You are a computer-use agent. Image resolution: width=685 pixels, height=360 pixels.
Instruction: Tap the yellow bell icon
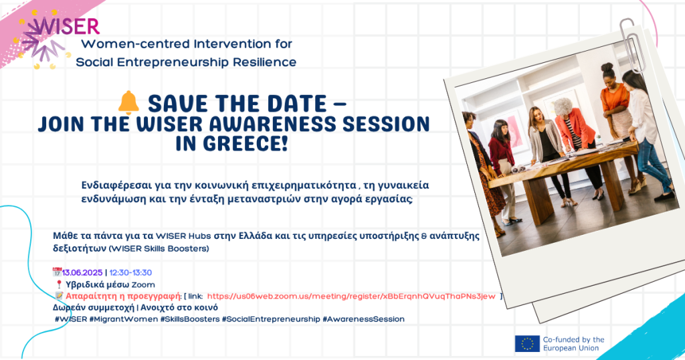[128, 102]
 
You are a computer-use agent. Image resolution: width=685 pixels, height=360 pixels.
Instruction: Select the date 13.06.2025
[82, 272]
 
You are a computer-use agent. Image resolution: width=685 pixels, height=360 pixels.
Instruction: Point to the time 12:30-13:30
[130, 272]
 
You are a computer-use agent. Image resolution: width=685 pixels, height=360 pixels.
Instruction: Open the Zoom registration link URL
[351, 296]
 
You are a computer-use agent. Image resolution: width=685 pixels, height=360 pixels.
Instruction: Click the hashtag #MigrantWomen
[124, 319]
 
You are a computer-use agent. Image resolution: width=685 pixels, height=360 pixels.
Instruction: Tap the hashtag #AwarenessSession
[363, 319]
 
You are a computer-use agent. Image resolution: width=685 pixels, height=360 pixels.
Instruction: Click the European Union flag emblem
[527, 344]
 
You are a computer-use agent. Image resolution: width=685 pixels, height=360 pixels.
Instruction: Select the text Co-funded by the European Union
[573, 344]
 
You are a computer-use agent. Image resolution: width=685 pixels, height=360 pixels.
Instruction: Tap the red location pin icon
[60, 284]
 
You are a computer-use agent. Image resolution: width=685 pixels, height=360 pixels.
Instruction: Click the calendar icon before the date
[57, 272]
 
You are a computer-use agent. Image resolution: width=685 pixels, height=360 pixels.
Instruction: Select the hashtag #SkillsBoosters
[190, 319]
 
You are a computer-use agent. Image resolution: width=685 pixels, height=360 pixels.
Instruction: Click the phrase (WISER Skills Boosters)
[159, 249]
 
